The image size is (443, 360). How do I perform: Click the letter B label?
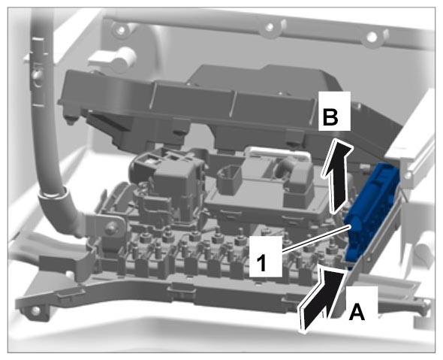330,117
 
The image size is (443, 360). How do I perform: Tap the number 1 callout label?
261,263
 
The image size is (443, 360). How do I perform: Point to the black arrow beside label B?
338,175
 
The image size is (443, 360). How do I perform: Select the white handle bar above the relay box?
279,153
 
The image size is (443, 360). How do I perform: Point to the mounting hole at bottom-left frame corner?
35,311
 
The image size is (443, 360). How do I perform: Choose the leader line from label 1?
316,238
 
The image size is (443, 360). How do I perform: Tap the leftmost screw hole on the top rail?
121,29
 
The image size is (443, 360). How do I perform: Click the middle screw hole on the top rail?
270,27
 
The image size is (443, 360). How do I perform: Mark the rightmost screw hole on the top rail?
372,37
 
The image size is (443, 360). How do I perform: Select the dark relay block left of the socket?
167,181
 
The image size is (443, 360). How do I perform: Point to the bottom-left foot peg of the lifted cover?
71,119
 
